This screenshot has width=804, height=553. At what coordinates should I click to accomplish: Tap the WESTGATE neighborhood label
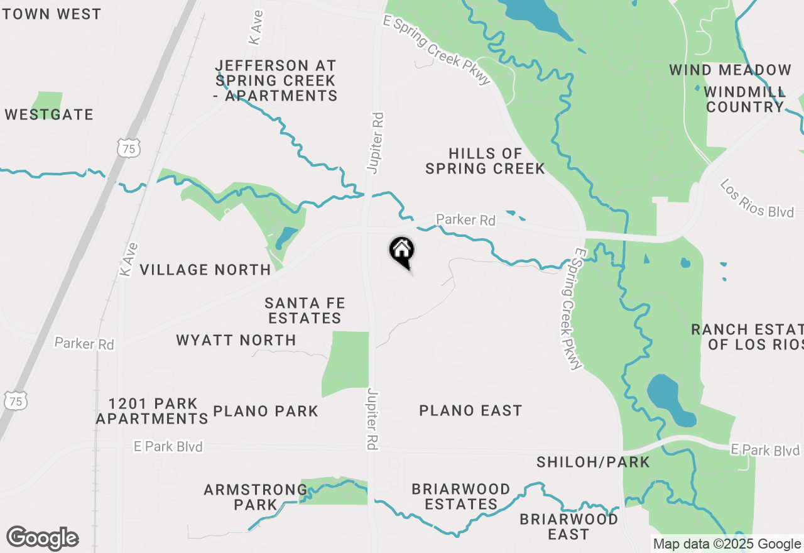[x=49, y=114]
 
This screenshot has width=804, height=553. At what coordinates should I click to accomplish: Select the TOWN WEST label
[x=51, y=14]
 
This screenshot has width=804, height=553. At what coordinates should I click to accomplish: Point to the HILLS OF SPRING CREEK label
[x=485, y=161]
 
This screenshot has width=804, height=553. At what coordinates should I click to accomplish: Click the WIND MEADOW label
[x=730, y=70]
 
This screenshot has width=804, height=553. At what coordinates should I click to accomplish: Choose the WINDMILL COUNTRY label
[x=744, y=99]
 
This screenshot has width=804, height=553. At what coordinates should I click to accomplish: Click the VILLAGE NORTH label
[x=205, y=270]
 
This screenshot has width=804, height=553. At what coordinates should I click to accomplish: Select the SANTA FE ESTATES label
[x=305, y=310]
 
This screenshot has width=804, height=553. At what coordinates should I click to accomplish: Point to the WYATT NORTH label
[x=236, y=340]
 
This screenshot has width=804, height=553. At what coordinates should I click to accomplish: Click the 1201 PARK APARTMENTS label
[x=152, y=411]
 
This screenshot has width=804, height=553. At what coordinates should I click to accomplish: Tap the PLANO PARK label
[x=266, y=411]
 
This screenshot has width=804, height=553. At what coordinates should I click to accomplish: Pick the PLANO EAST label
[x=470, y=410]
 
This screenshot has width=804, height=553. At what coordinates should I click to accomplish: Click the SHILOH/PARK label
[x=593, y=463]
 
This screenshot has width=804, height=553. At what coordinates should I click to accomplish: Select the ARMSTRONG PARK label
[x=256, y=496]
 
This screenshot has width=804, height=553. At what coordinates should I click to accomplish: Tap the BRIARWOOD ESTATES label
[x=461, y=496]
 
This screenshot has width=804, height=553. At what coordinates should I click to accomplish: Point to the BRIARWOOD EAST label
[x=569, y=527]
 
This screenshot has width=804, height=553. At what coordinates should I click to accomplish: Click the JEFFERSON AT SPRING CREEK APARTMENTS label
[x=276, y=80]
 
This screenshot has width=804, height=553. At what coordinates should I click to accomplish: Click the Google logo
[x=43, y=538]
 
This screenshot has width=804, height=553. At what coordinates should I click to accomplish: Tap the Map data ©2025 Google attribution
[x=727, y=544]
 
